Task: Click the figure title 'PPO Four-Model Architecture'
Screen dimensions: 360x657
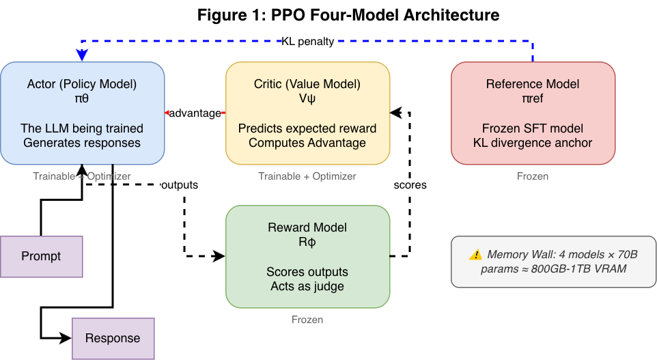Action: pyautogui.click(x=348, y=14)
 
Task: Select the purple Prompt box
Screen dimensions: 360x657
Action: pyautogui.click(x=41, y=256)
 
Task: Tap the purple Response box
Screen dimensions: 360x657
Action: pyautogui.click(x=113, y=338)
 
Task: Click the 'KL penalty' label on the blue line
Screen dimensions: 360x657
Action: pyautogui.click(x=307, y=41)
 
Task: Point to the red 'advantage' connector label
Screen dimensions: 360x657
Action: pyautogui.click(x=195, y=113)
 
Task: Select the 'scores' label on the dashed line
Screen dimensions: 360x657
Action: pyautogui.click(x=410, y=185)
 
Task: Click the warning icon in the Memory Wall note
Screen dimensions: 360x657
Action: pyautogui.click(x=475, y=255)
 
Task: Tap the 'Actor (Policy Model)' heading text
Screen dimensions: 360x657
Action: pyautogui.click(x=82, y=84)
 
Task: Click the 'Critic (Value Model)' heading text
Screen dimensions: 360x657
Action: pyautogui.click(x=307, y=84)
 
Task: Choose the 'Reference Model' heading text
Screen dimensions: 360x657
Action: pyautogui.click(x=533, y=84)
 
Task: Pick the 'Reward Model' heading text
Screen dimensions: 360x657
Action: pyautogui.click(x=307, y=227)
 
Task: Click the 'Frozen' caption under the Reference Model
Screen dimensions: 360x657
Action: pyautogui.click(x=533, y=176)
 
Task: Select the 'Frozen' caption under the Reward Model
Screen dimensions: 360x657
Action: pyautogui.click(x=307, y=320)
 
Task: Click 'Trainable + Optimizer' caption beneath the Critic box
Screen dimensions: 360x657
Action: pyautogui.click(x=307, y=176)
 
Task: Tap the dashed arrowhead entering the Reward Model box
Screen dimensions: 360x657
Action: pyautogui.click(x=219, y=256)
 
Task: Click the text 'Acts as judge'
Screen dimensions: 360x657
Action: pyautogui.click(x=307, y=286)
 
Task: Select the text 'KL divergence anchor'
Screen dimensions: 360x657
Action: pyautogui.click(x=533, y=143)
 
